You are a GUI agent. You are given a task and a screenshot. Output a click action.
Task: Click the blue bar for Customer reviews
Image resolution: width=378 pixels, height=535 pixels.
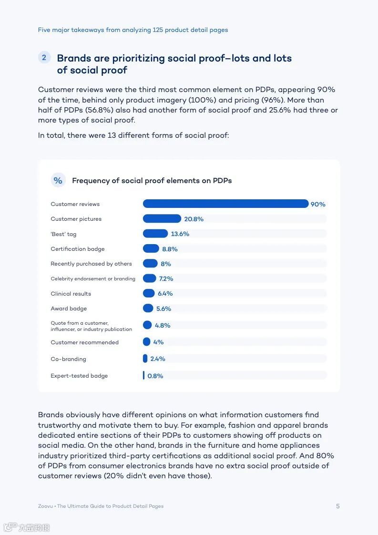(225, 204)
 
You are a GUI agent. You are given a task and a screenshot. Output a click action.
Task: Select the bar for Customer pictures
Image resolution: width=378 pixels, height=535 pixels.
(162, 219)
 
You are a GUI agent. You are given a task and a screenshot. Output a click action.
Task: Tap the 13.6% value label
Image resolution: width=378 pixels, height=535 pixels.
(180, 234)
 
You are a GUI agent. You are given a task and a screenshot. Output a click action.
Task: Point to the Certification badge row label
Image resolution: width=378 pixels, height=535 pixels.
(78, 249)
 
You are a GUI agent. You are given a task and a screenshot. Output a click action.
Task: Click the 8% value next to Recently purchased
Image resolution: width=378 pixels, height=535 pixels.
(166, 264)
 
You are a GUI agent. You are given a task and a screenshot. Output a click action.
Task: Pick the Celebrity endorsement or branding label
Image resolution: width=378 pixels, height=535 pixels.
(93, 279)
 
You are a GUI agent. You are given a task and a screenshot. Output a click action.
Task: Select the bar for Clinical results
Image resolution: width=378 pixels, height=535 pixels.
(149, 293)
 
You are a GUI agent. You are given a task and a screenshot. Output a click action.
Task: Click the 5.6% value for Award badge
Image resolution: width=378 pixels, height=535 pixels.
(163, 309)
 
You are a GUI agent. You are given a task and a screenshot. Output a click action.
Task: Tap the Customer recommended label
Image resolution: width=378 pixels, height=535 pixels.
(85, 342)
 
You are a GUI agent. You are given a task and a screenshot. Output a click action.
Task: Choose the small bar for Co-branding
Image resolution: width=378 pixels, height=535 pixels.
(145, 359)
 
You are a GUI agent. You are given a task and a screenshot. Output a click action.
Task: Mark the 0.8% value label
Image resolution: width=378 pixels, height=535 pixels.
(155, 376)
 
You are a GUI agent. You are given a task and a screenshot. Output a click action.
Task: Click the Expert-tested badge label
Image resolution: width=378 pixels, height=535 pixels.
(79, 376)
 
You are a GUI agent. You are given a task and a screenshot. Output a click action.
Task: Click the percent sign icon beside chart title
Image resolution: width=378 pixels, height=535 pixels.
(58, 180)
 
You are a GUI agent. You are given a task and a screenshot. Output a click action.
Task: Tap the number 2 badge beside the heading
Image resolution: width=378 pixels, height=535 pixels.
(44, 58)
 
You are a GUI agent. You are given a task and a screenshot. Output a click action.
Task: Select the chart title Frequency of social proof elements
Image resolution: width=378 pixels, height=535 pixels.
(152, 181)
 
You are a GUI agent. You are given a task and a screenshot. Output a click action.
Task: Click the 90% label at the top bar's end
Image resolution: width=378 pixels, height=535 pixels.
(318, 205)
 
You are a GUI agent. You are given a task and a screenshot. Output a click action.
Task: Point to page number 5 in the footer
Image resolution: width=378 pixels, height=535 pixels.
(338, 506)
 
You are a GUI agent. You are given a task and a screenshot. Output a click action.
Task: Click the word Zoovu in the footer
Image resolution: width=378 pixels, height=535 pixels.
(45, 506)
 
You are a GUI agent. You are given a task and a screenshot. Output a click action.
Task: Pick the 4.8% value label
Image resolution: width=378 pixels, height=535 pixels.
(163, 326)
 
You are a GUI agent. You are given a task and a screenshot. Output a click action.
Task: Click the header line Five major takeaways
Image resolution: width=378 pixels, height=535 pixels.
(133, 30)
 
